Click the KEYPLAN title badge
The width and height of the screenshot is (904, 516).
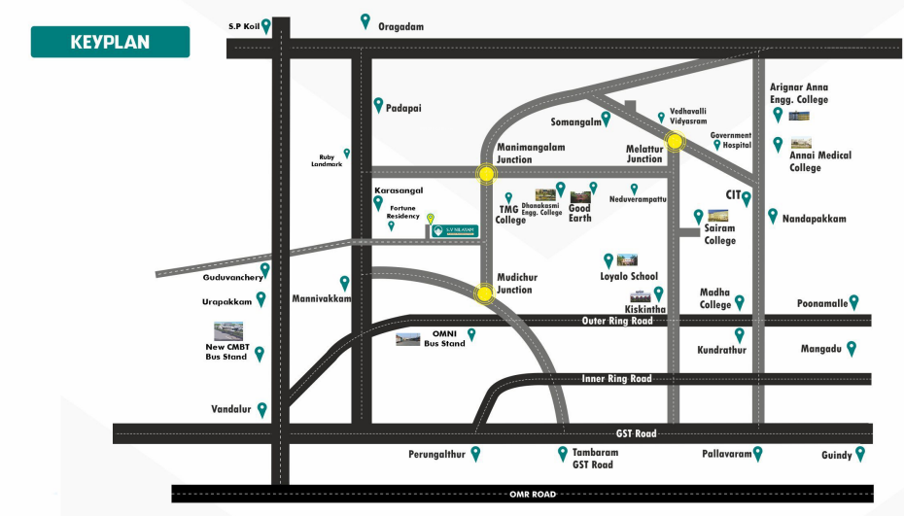(110, 42)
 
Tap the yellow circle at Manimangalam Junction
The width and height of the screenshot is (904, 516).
(485, 174)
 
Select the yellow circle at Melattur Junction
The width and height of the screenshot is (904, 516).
(675, 142)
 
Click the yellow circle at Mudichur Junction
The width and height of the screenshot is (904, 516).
(484, 293)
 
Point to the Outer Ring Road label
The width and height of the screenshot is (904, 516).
(617, 321)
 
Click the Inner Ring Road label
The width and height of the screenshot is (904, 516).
(616, 378)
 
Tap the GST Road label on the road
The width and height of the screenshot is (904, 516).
(639, 433)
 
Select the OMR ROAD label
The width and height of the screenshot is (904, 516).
(533, 495)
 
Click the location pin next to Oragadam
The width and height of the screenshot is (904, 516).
(365, 20)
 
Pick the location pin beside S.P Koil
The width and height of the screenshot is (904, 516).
(265, 26)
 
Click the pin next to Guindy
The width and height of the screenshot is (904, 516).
(859, 454)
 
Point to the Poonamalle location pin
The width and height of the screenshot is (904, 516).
(854, 302)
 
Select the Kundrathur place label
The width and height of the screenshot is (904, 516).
(721, 350)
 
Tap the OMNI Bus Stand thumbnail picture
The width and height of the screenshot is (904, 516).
(407, 339)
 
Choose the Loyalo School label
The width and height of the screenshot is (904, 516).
(629, 277)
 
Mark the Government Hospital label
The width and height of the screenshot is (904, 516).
(731, 139)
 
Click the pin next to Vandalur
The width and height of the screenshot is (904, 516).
(261, 410)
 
